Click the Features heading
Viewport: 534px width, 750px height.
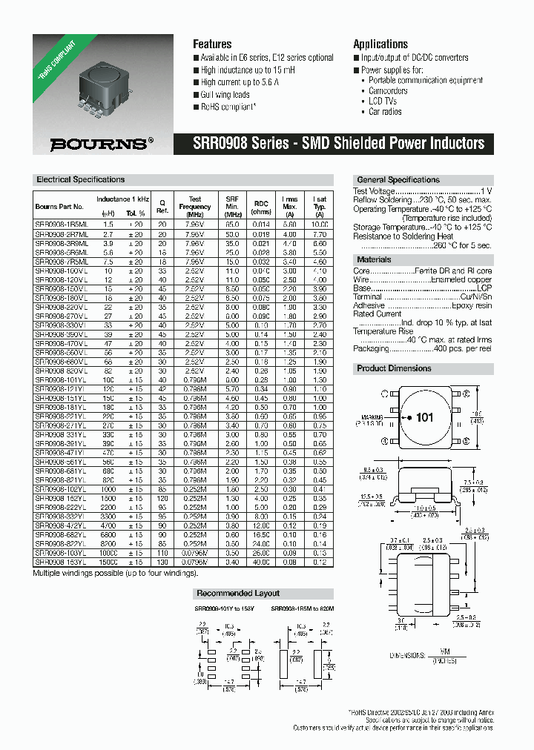(212, 44)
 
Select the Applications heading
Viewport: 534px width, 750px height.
(380, 44)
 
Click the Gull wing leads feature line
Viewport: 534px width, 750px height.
(225, 95)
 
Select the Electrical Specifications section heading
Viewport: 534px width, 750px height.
(81, 179)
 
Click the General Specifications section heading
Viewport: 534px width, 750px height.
(398, 179)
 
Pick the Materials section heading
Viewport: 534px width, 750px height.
(374, 259)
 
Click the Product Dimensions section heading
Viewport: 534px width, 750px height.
(394, 368)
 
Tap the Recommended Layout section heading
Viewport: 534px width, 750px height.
(237, 593)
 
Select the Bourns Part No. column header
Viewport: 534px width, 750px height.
(59, 207)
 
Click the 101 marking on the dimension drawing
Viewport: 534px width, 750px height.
(424, 417)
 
